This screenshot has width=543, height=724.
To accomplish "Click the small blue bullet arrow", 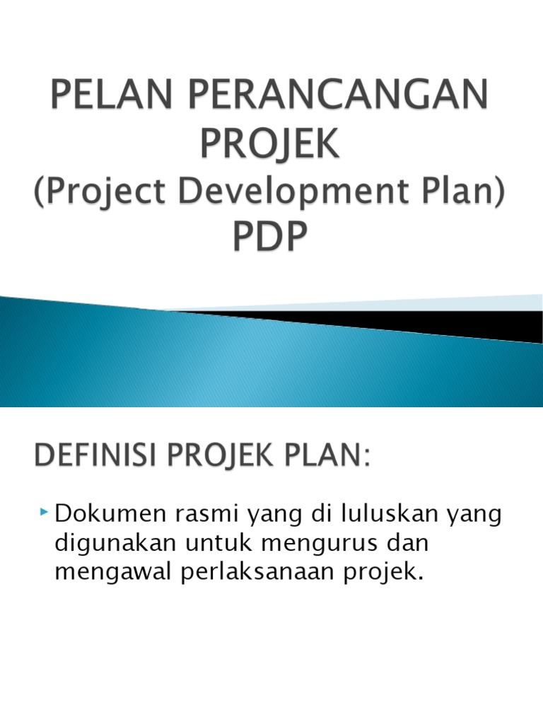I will click(x=45, y=511).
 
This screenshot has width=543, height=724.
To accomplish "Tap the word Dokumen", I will click(x=103, y=515).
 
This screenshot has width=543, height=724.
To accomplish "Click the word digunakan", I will click(x=110, y=544).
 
